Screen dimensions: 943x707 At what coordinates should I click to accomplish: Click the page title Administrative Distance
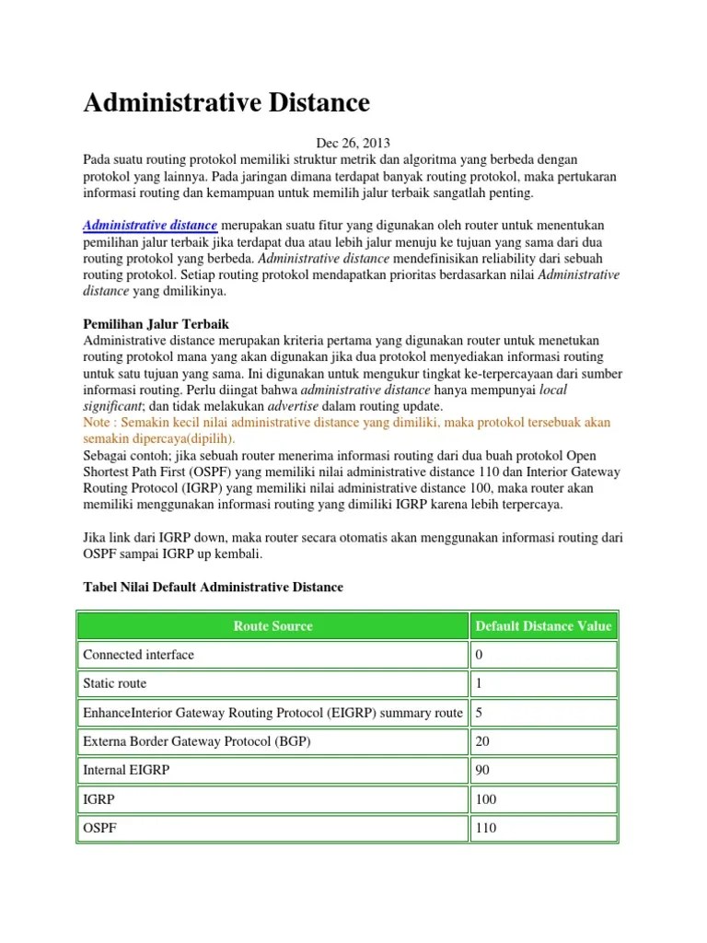click(x=226, y=102)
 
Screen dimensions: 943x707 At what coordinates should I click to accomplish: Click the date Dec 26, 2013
click(x=353, y=143)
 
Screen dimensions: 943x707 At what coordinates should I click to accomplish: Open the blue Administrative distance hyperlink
click(x=150, y=226)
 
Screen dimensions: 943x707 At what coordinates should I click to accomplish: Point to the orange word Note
click(x=97, y=422)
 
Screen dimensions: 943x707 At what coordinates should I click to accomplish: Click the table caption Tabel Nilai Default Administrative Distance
click(x=213, y=587)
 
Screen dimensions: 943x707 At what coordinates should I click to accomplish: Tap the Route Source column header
click(x=272, y=626)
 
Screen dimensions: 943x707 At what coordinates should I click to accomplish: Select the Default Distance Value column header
click(x=543, y=626)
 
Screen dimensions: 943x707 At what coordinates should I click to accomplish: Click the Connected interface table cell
click(x=139, y=655)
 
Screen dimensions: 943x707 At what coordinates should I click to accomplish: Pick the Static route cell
click(x=115, y=683)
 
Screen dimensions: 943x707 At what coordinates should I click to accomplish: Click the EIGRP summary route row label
click(x=272, y=713)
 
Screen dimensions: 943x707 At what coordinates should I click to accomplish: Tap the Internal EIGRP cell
click(x=126, y=770)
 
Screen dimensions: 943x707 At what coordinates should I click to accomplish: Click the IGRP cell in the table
click(x=99, y=798)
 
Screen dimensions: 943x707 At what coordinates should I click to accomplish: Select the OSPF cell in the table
click(x=100, y=828)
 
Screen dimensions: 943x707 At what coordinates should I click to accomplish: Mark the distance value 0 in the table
click(x=479, y=655)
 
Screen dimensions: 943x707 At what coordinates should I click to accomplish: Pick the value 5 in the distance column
click(x=479, y=713)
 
